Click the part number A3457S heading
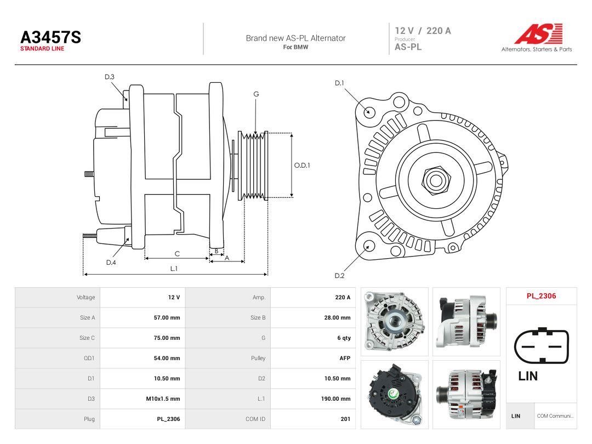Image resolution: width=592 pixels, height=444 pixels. tap(50, 37)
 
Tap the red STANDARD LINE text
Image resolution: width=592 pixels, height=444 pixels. tap(42, 49)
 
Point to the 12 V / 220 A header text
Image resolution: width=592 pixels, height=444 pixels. tap(423, 31)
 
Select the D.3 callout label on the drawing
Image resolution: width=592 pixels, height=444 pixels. tap(110, 77)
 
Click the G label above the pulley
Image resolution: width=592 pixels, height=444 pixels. tap(256, 94)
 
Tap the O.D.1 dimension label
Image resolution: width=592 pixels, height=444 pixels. tap(302, 166)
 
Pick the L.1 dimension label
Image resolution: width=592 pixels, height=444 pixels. tap(174, 269)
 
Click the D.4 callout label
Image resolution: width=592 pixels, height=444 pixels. tap(111, 263)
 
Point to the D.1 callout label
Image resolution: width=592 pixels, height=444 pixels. tap(339, 83)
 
